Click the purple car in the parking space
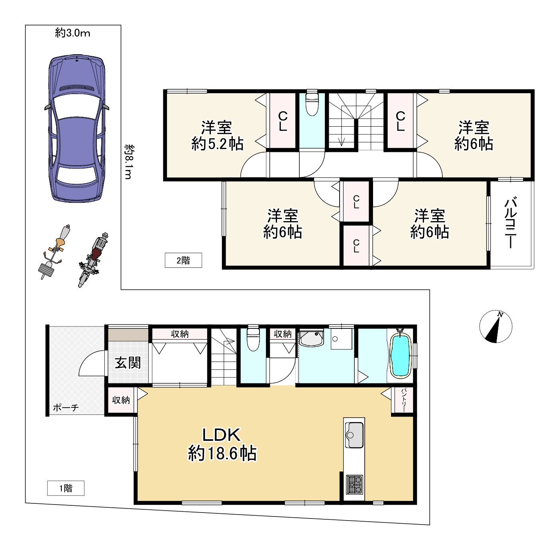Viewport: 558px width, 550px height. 77,128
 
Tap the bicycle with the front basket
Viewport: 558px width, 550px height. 54,251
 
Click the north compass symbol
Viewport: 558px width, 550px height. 495,326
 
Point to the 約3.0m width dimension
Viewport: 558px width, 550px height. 73,33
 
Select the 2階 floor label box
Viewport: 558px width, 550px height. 183,260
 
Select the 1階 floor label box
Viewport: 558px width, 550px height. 66,488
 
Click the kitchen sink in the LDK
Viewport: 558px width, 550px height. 354,435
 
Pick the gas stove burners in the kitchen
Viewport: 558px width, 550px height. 354,485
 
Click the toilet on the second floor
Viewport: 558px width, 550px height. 312,104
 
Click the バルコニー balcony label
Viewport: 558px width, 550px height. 511,223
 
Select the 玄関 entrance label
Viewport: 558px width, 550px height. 128,363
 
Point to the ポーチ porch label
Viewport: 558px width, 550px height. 66,408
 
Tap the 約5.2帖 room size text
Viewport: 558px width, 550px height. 217,143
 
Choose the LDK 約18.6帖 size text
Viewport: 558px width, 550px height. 222,444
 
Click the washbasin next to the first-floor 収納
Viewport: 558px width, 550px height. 312,339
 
